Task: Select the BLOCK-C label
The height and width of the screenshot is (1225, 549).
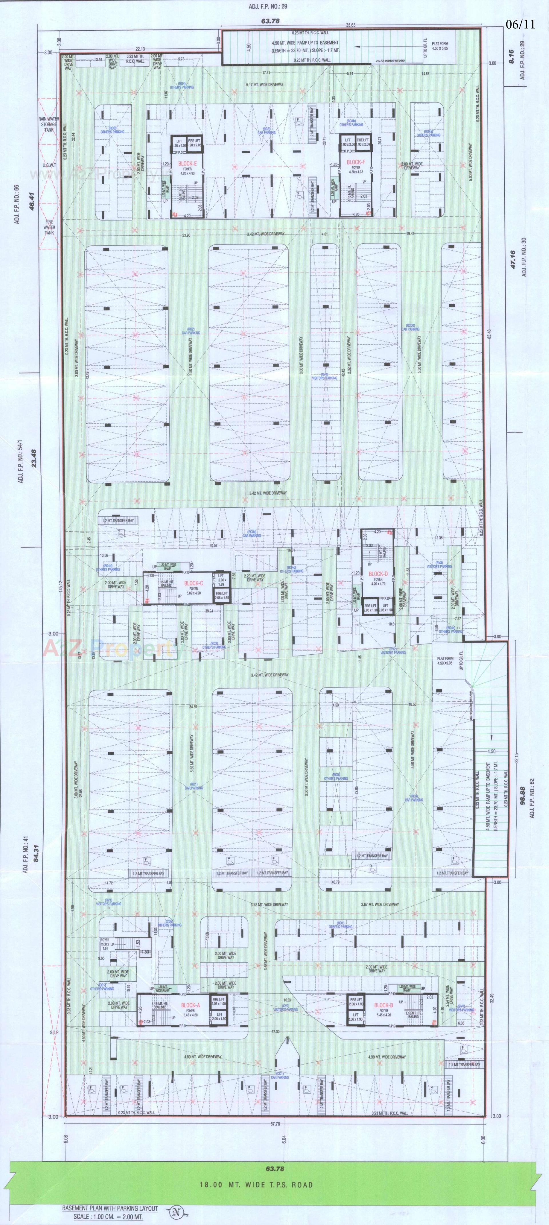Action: pos(194,583)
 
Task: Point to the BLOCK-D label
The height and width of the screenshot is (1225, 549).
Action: pos(378,574)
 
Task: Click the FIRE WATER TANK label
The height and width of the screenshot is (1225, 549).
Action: pos(49,227)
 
